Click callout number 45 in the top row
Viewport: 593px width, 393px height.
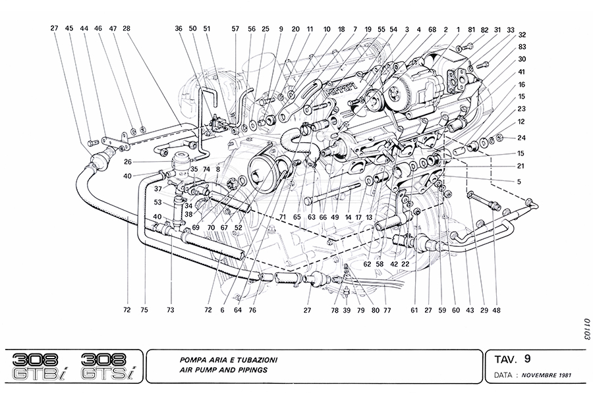click(x=69, y=28)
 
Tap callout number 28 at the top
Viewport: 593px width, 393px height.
click(x=126, y=28)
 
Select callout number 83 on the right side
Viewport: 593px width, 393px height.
click(x=522, y=47)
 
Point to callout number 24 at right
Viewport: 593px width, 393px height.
click(x=522, y=138)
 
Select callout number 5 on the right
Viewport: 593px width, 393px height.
click(x=520, y=181)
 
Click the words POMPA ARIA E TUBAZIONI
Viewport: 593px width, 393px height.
click(x=228, y=360)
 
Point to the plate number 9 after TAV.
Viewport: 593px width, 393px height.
click(x=527, y=359)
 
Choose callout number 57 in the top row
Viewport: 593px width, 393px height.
click(x=235, y=28)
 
